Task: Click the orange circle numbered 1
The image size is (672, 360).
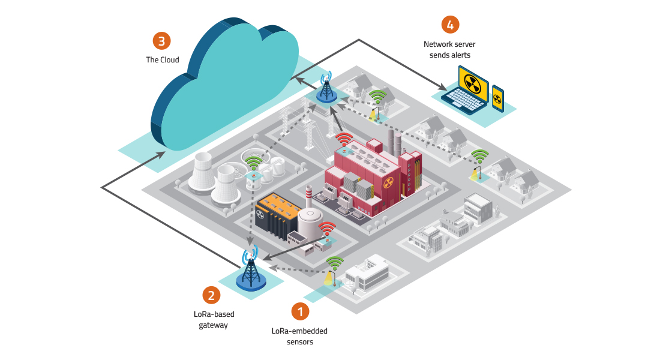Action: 301,311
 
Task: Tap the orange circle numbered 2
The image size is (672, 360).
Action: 211,295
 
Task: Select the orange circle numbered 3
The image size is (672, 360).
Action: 161,41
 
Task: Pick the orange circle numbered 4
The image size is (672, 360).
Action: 450,25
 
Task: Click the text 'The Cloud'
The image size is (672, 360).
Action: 163,60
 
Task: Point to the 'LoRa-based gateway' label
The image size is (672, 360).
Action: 214,319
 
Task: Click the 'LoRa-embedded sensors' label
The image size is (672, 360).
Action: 299,336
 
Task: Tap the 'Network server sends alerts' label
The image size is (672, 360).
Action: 447,49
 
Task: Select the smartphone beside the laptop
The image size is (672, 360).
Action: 497,98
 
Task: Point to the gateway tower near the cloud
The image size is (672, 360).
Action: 326,87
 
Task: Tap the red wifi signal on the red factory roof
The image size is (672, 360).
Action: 344,140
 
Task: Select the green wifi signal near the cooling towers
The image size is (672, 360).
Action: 253,161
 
